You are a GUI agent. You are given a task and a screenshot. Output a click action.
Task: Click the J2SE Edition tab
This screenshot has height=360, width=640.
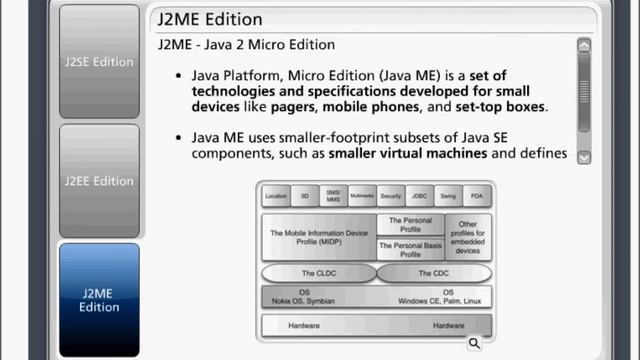[x=99, y=61]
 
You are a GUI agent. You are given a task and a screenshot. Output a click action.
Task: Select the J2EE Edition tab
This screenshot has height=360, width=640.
[x=99, y=181]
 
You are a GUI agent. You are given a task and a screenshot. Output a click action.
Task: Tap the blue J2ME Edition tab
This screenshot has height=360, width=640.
[x=99, y=300]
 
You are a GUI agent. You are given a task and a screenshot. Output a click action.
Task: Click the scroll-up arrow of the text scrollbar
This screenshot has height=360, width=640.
[x=584, y=45]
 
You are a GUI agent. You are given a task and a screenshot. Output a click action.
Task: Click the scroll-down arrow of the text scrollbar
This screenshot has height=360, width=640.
[x=584, y=156]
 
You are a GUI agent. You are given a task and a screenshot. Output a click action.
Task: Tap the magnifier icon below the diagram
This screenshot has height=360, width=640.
[x=474, y=343]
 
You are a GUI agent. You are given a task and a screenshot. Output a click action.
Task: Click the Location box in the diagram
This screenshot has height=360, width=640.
[x=276, y=197]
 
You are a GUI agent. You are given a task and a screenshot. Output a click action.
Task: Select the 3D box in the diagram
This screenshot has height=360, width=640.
[x=305, y=197]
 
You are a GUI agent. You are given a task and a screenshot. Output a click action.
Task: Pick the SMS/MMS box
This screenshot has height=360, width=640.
[x=333, y=196]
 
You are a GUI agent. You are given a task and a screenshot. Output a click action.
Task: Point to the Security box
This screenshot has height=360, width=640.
[x=391, y=197]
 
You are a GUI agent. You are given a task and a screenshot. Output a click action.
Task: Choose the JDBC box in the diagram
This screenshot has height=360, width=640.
[x=419, y=197]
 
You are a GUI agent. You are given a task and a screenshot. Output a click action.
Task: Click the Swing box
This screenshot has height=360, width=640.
[x=447, y=197]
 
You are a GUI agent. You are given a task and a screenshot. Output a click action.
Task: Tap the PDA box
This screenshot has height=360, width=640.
[x=476, y=197]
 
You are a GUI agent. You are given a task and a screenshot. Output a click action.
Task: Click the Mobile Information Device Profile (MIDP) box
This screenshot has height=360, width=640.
[x=319, y=238]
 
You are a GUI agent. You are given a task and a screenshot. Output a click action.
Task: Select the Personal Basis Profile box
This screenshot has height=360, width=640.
[x=410, y=250]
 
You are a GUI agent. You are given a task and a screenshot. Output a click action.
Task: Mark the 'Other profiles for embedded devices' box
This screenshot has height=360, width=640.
[x=468, y=238]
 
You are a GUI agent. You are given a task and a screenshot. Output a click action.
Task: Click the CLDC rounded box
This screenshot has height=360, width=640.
[x=319, y=273]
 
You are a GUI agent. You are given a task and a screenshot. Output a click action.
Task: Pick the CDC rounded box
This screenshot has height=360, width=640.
[x=433, y=273]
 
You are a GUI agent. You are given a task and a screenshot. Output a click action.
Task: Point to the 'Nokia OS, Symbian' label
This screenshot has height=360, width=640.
[x=305, y=300]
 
